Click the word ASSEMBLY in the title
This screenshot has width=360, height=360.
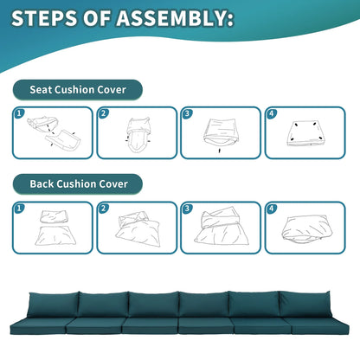(175, 18)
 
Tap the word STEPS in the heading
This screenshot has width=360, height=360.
(45, 18)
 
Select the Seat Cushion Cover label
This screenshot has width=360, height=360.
(78, 90)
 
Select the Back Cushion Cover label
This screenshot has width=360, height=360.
(78, 184)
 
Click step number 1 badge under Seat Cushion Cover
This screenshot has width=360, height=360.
(19, 113)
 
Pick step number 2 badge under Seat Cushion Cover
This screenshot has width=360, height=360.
(103, 113)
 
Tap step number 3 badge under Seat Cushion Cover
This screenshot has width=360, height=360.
(187, 113)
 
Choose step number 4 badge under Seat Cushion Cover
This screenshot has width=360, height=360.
(271, 113)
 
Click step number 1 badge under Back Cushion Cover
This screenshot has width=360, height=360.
(19, 208)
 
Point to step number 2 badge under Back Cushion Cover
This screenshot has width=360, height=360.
(103, 208)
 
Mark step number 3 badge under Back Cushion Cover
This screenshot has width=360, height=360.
(187, 208)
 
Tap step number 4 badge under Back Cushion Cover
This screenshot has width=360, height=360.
(271, 208)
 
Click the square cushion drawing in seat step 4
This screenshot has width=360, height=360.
(305, 133)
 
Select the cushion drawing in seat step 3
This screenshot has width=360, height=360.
(222, 132)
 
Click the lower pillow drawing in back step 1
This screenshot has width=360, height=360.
(55, 235)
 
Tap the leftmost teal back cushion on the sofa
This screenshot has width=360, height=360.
(53, 305)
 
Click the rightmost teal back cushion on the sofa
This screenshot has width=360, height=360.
(305, 304)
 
